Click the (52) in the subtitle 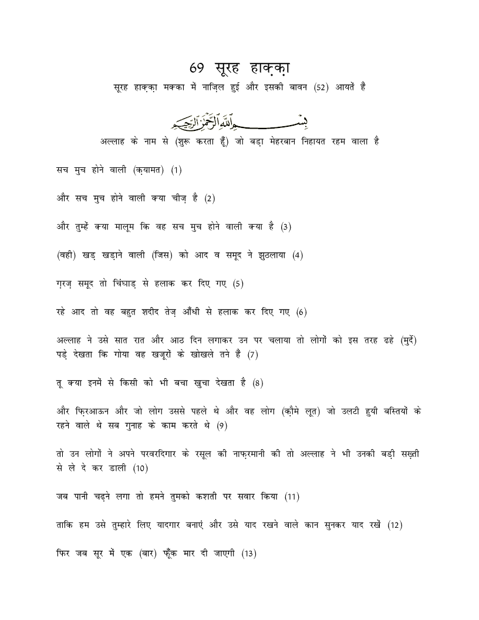pos(315,87)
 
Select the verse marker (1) pos(177,170)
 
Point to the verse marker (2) pos(210,198)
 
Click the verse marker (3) pos(286,227)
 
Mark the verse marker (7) pos(253,355)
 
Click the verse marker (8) pos(258,383)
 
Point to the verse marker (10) pos(141,469)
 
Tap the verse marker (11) pos(292,497)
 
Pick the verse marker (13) pos(249,554)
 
